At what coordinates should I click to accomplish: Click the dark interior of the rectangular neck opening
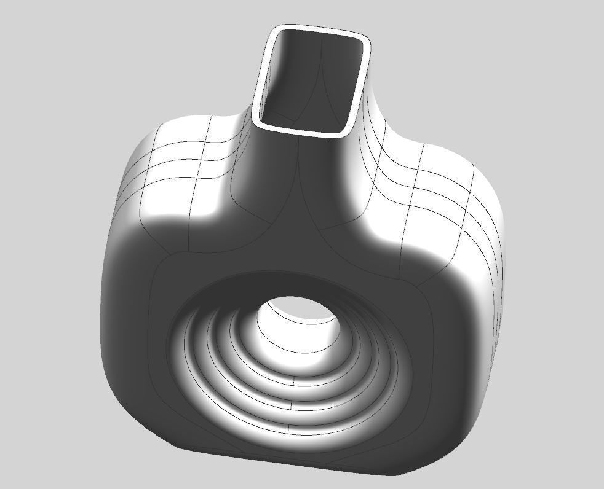[308, 80]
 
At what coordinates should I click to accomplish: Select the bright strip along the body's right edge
[492, 276]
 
